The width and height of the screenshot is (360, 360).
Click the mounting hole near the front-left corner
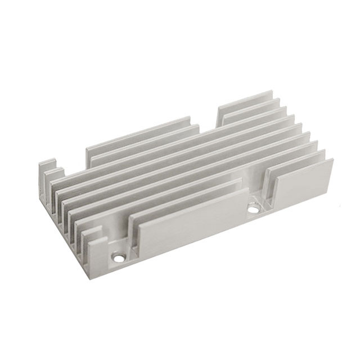coord(119,258)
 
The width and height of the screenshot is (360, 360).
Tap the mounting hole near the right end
coord(254,209)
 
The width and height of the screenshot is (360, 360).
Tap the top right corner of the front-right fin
coord(332,159)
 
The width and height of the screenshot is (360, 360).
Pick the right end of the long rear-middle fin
coord(190,119)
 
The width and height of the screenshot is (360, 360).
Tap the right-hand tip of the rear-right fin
coord(272,92)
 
